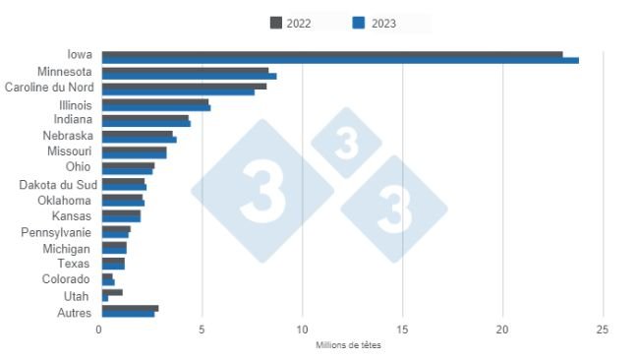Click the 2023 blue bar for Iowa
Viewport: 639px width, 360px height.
(x=340, y=60)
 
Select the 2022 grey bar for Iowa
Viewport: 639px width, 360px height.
(x=332, y=53)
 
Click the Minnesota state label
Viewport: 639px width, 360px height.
(x=65, y=72)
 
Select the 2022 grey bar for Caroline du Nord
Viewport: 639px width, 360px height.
(x=184, y=86)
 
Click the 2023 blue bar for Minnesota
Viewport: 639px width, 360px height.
(x=189, y=76)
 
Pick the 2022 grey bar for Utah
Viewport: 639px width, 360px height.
(x=112, y=292)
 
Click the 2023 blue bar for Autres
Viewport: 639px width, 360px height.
(x=128, y=315)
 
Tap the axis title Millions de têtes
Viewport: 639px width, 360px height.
(x=349, y=345)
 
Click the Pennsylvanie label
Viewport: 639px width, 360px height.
(x=57, y=232)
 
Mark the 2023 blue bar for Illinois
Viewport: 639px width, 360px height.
(x=155, y=107)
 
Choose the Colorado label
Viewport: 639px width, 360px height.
(x=68, y=279)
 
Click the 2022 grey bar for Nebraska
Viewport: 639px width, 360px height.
(x=137, y=134)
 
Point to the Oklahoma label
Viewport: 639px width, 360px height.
(x=65, y=200)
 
